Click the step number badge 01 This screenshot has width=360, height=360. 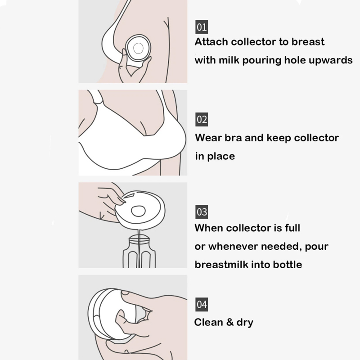point(202,27)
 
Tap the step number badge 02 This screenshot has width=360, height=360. point(202,119)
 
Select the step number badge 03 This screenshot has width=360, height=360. point(202,212)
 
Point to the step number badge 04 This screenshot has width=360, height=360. point(202,305)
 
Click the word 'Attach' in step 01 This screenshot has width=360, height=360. point(211,42)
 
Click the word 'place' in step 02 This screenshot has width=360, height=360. point(221,157)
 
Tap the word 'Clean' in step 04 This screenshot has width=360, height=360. point(208,322)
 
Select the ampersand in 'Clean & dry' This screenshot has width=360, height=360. point(230,322)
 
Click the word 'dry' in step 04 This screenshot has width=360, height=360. point(245,323)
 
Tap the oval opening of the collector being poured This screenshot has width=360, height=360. point(138,211)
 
